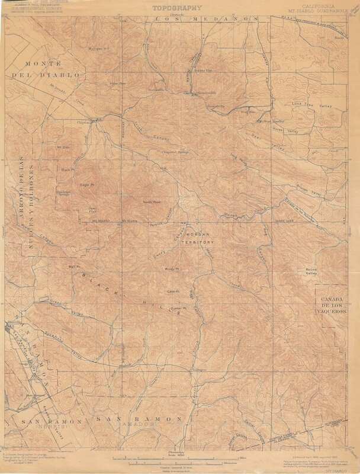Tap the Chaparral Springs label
[x=174, y=152]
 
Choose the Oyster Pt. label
[x=178, y=309]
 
